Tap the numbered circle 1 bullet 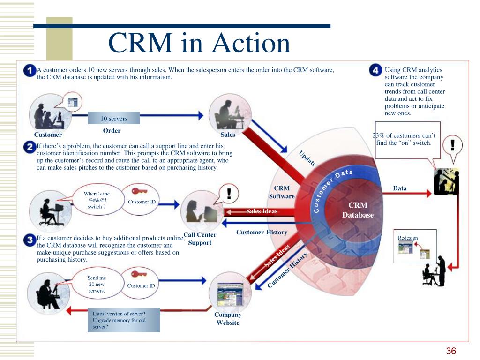30,71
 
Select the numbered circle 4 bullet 375,70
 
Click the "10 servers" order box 114,118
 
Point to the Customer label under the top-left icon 48,135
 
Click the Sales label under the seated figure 228,135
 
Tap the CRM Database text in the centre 358,210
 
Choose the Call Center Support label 200,239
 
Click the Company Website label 228,319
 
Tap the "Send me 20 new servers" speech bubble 97,284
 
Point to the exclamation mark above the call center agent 229,194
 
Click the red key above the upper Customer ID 139,191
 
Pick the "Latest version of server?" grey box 124,320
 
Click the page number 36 451,351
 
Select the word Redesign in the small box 408,238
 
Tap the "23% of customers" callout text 404,139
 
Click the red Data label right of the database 400,188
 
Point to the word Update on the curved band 307,158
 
